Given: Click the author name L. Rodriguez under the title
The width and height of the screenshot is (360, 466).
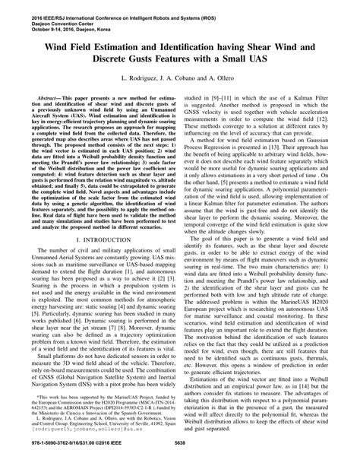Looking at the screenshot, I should [141, 78].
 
